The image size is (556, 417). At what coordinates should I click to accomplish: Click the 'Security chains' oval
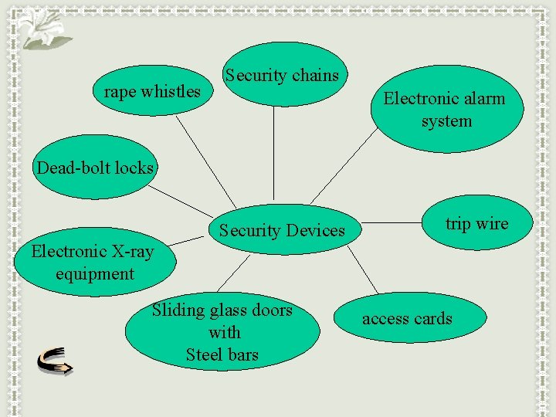(282, 76)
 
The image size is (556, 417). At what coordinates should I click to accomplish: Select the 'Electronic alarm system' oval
(446, 110)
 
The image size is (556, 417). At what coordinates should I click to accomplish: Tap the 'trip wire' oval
(476, 224)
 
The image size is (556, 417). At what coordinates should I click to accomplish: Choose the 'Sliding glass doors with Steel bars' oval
(222, 333)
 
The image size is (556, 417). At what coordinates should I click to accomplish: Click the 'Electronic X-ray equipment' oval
(94, 263)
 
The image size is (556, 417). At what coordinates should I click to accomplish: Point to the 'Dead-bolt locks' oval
(95, 168)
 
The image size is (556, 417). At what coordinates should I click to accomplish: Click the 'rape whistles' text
(152, 91)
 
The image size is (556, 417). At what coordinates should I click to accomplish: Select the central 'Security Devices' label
(282, 230)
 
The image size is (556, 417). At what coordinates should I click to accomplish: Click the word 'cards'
(432, 318)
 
